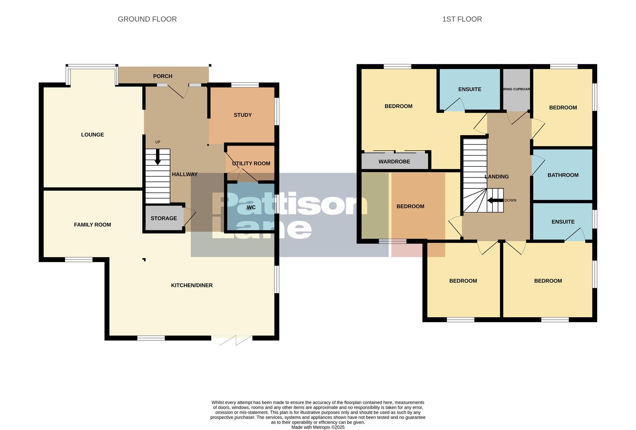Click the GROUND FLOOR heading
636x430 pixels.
click(147, 19)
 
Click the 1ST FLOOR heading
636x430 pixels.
click(462, 19)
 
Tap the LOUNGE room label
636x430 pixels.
click(93, 135)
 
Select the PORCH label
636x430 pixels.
click(163, 76)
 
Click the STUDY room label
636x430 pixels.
click(243, 115)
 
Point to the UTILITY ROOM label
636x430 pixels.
click(251, 164)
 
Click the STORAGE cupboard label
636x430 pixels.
click(164, 219)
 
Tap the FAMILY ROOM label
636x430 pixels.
click(92, 225)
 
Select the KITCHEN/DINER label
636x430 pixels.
click(192, 285)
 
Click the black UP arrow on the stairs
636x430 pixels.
click(158, 157)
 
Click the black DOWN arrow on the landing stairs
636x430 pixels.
click(495, 201)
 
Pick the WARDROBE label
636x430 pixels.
click(394, 162)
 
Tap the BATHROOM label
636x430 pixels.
click(563, 175)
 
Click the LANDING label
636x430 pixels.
click(497, 177)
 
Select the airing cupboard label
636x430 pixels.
click(516, 89)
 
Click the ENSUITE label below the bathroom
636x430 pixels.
click(563, 222)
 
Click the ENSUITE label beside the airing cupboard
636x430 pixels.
click(470, 89)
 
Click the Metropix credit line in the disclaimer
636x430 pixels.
click(318, 427)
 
